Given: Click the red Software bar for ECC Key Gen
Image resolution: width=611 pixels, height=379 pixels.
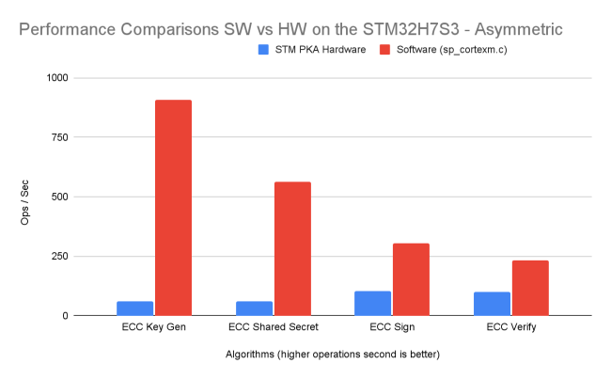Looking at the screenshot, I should [173, 208].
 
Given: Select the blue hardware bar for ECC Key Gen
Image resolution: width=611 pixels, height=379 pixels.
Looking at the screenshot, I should [135, 308].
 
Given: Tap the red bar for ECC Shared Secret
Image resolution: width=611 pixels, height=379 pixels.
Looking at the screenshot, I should [292, 248].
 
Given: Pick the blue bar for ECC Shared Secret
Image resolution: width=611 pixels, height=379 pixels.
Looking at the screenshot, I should [255, 308].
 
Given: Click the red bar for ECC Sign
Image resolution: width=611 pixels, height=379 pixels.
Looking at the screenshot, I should [411, 279].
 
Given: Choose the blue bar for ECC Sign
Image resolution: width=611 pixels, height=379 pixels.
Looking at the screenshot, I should [373, 304].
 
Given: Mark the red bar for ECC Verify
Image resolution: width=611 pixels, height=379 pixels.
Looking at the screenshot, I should [530, 288].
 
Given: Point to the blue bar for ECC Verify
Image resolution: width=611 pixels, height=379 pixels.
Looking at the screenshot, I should [493, 304].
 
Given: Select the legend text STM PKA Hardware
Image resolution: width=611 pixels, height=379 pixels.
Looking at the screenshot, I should [320, 48].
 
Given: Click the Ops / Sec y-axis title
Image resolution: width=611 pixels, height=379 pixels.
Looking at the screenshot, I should [26, 197].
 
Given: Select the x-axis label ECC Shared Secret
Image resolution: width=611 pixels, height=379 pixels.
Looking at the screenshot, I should [274, 327].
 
